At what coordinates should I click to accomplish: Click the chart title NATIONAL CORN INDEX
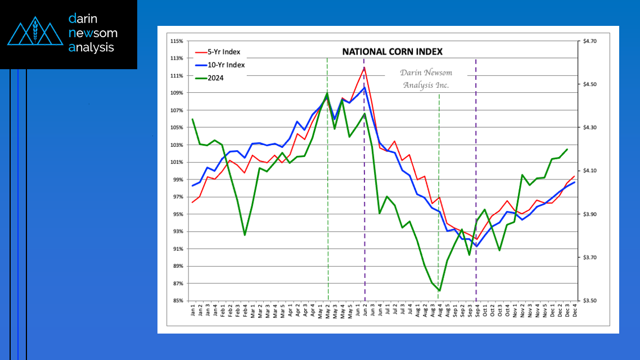393,52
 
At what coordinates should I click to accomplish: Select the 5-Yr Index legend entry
225,52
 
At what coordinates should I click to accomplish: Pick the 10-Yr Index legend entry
227,65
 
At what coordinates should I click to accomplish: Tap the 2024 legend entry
216,78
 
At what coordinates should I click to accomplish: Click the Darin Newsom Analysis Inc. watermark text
426,79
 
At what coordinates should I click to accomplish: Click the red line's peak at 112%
364,67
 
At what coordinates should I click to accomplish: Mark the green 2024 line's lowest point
439,291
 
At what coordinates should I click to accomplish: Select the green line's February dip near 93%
245,235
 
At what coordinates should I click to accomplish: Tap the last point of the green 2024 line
566,149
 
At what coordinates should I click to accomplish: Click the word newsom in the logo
92,33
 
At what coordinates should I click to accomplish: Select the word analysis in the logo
91,48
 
